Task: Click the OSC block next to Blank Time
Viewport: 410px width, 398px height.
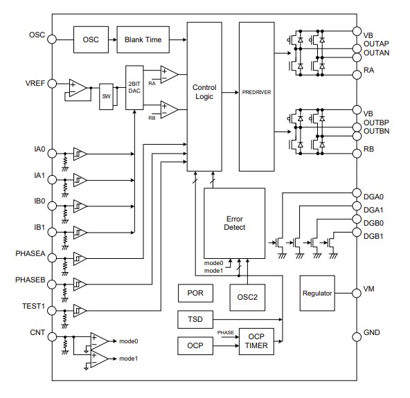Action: (91, 39)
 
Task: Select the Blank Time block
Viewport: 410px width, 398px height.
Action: (143, 39)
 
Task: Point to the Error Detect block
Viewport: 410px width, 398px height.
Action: (234, 223)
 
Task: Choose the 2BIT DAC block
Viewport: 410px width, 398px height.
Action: (134, 87)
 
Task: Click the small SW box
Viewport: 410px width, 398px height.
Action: (106, 96)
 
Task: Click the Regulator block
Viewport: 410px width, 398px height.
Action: (318, 293)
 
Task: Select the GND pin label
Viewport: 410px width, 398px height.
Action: (372, 334)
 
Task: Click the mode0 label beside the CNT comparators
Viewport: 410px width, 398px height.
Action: (129, 341)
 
